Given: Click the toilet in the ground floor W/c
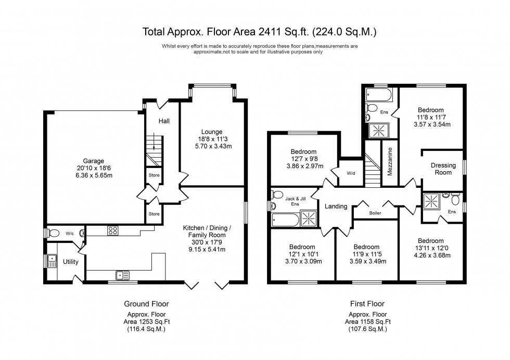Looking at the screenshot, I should (x=51, y=233).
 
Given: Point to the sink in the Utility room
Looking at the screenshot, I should (x=52, y=261).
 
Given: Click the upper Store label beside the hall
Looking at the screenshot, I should (x=154, y=175).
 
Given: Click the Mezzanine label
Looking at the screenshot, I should (x=389, y=162).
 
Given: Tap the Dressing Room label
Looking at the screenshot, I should (x=443, y=169).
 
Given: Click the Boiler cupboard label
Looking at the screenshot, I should (x=375, y=212).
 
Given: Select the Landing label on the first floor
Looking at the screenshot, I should (x=336, y=207).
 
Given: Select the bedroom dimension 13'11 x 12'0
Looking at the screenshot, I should (x=430, y=248).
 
